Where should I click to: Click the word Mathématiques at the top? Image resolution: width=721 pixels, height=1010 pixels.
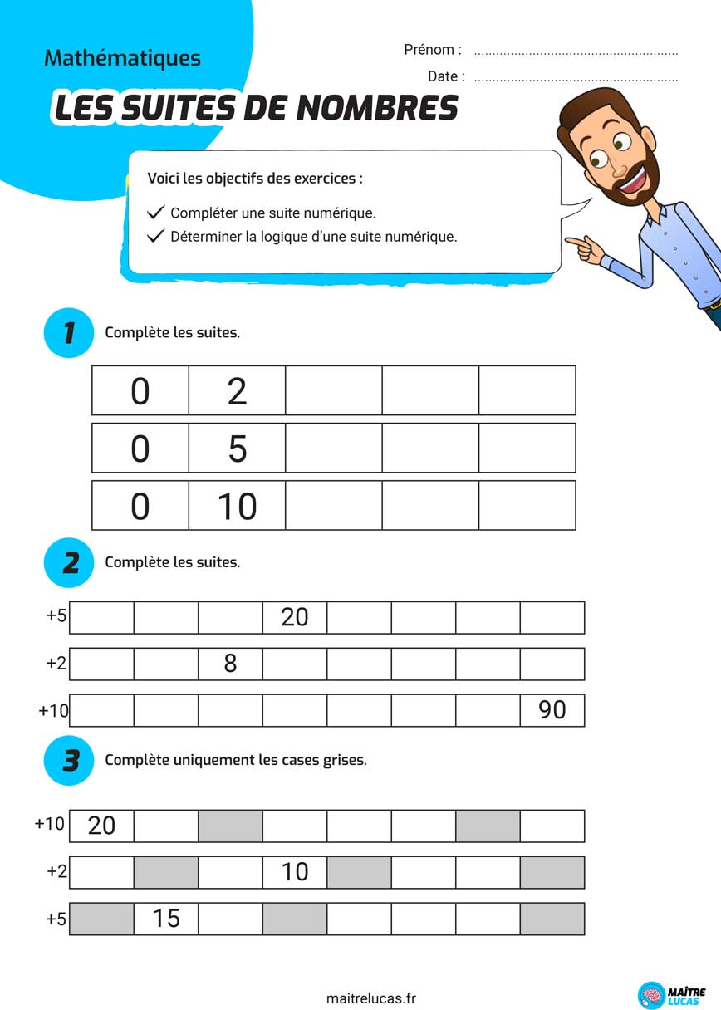122,58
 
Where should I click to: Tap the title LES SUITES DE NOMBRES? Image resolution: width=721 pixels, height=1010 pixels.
256,108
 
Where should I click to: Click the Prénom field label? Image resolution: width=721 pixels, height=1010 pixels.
432,50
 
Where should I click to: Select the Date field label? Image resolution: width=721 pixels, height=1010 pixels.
446,76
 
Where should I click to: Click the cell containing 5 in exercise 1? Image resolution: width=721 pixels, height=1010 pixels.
237,449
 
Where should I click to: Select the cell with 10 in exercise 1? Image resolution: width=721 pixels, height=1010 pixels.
237,506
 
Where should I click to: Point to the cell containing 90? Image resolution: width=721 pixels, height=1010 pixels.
552,710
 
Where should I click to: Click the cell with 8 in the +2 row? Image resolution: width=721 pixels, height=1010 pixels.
230,664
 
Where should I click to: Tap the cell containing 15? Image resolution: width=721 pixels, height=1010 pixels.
166,919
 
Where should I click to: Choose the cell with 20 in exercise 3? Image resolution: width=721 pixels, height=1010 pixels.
101,826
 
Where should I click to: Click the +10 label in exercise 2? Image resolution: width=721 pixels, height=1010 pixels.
53,711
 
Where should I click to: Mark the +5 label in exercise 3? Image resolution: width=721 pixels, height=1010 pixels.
56,919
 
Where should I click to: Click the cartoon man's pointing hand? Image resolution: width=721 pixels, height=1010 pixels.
585,245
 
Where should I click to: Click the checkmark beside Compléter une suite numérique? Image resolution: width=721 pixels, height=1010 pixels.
155,213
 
